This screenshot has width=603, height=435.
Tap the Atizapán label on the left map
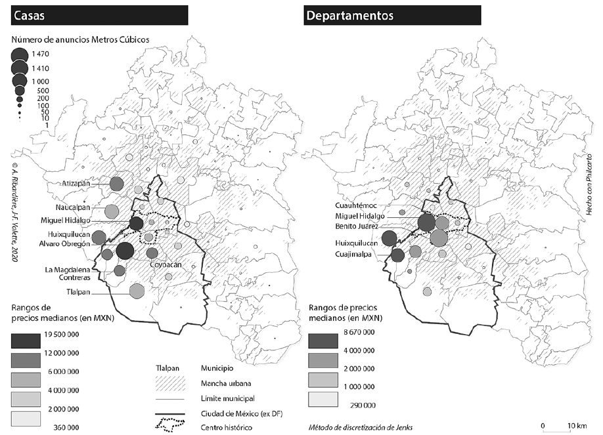coord(82,184)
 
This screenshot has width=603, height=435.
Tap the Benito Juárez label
coord(361,226)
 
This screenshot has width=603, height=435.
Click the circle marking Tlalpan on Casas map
coord(137,291)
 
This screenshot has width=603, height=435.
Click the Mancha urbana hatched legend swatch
coord(169,382)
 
